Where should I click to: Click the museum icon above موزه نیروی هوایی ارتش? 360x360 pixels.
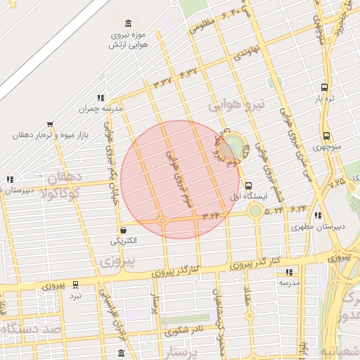pyautogui.click(x=127, y=23)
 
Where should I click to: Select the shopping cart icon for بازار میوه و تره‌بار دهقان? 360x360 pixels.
pyautogui.click(x=49, y=124)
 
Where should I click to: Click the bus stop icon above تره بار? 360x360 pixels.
pyautogui.click(x=323, y=87)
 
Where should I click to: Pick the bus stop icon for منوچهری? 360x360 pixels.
pyautogui.click(x=326, y=136)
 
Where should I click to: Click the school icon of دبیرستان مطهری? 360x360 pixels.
pyautogui.click(x=318, y=216)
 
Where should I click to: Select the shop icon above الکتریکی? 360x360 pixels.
pyautogui.click(x=124, y=230)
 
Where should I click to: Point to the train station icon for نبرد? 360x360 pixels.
pyautogui.click(x=75, y=285)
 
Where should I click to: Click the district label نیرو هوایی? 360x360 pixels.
pyautogui.click(x=238, y=105)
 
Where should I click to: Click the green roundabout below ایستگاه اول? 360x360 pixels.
pyautogui.click(x=255, y=210)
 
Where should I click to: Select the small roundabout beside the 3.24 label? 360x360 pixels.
pyautogui.click(x=162, y=221)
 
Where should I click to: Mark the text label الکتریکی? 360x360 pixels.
pyautogui.click(x=124, y=241)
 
